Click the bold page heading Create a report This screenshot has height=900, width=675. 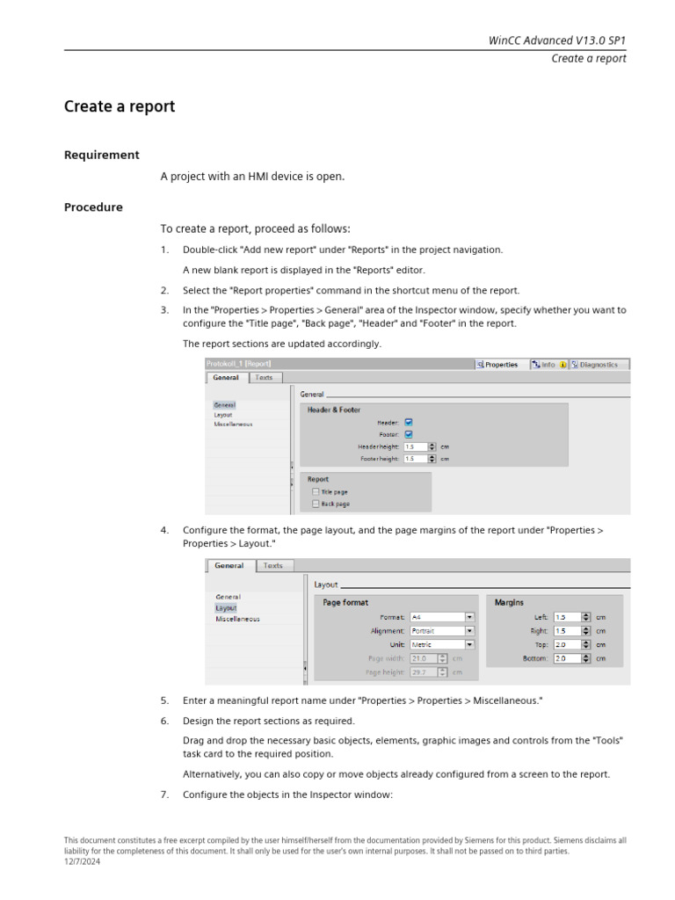[120, 106]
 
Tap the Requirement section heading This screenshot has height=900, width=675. [101, 155]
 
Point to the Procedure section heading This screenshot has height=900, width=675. [93, 207]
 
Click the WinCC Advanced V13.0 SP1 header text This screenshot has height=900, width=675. [557, 40]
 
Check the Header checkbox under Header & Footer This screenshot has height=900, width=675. [409, 422]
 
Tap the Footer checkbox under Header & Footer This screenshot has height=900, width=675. [409, 434]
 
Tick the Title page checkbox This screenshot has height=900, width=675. [316, 492]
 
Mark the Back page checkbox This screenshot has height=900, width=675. [316, 504]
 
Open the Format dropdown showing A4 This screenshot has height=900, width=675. [442, 617]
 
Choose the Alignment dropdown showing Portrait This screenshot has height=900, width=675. [442, 630]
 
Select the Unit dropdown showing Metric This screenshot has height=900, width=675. [442, 644]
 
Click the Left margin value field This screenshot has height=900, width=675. [567, 617]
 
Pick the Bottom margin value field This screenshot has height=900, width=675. [567, 657]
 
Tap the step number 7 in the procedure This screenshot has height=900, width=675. [164, 795]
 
